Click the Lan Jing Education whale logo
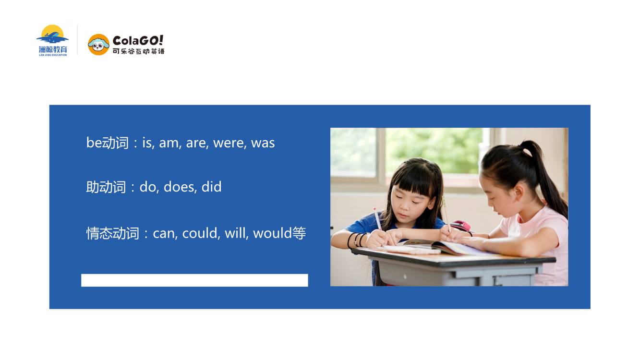[52, 40]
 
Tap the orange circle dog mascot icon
[98, 45]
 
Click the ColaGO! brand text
[138, 40]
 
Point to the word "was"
[263, 143]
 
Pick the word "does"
[180, 187]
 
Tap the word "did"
[211, 187]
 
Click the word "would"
[273, 233]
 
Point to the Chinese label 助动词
[106, 187]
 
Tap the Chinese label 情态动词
[113, 233]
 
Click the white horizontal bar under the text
[194, 280]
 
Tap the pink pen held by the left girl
[377, 218]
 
